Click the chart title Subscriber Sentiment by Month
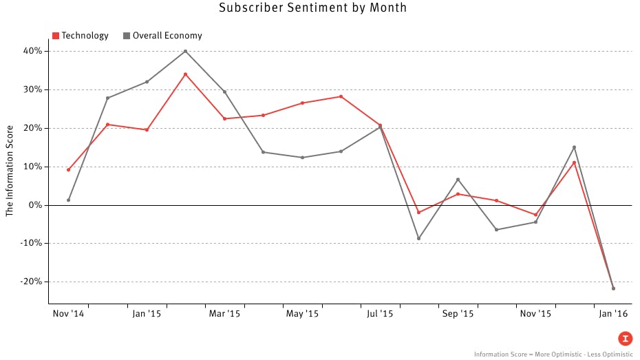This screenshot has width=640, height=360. click(x=313, y=8)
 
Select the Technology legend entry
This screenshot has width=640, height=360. click(x=81, y=35)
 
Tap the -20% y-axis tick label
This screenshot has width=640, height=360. click(x=32, y=282)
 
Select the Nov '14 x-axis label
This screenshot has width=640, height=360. click(x=69, y=314)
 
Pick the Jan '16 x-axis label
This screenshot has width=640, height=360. click(x=613, y=314)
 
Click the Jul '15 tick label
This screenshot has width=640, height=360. click(x=380, y=314)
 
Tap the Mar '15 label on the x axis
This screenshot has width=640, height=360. click(x=224, y=314)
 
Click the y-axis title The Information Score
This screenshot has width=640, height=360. click(x=10, y=171)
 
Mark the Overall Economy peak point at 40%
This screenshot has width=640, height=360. click(x=186, y=51)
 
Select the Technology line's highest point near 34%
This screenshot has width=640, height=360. click(x=186, y=74)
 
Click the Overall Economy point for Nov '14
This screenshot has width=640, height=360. click(x=69, y=200)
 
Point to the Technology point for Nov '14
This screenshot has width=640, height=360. click(x=69, y=169)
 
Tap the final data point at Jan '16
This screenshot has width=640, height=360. click(x=613, y=288)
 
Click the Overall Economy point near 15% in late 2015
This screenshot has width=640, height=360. click(x=574, y=147)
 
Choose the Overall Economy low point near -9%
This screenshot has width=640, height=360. click(x=418, y=239)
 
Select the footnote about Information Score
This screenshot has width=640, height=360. click(x=553, y=354)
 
